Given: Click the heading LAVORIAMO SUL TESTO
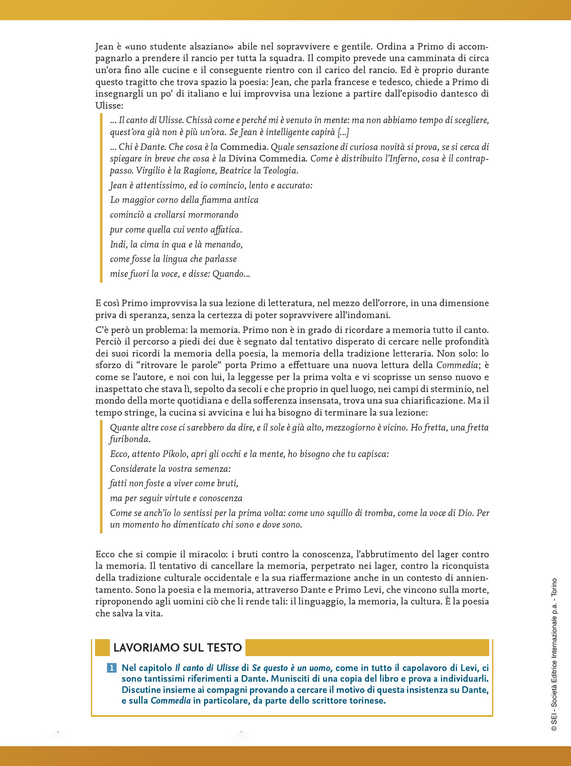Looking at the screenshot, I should pyautogui.click(x=177, y=647).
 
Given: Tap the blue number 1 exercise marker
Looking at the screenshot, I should pyautogui.click(x=112, y=668).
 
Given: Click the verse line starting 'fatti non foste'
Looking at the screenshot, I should pyautogui.click(x=174, y=483).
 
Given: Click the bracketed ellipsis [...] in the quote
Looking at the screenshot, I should pyautogui.click(x=343, y=132).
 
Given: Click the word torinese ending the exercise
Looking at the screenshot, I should pyautogui.click(x=366, y=701).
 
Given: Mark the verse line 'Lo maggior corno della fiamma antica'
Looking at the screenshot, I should pyautogui.click(x=184, y=200).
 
